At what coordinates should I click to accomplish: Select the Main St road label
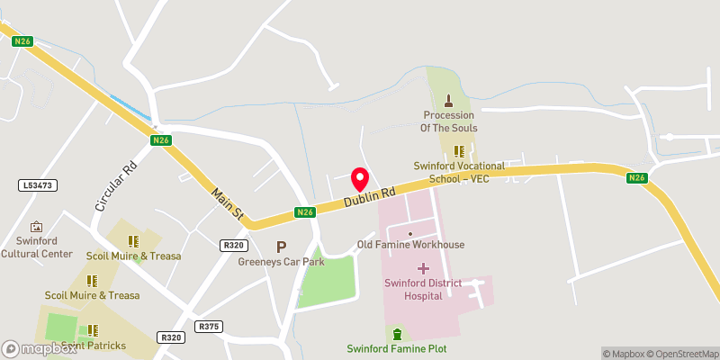[x=228, y=202]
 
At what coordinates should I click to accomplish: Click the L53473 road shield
[x=37, y=184]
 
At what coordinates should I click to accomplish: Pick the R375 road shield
[x=209, y=327]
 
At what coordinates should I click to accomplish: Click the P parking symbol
[x=281, y=247]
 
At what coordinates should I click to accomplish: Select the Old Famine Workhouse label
[x=410, y=245]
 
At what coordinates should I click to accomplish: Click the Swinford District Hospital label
[x=423, y=290]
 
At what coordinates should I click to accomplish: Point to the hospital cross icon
[x=423, y=268]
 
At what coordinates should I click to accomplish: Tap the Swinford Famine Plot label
[x=397, y=348]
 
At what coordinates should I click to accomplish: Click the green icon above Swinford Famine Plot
[x=397, y=334]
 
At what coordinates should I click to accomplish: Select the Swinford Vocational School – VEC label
[x=459, y=172]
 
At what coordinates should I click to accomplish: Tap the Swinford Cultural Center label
[x=37, y=248]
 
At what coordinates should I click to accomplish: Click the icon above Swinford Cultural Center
[x=37, y=227]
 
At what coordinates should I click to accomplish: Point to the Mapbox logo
[x=37, y=348]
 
